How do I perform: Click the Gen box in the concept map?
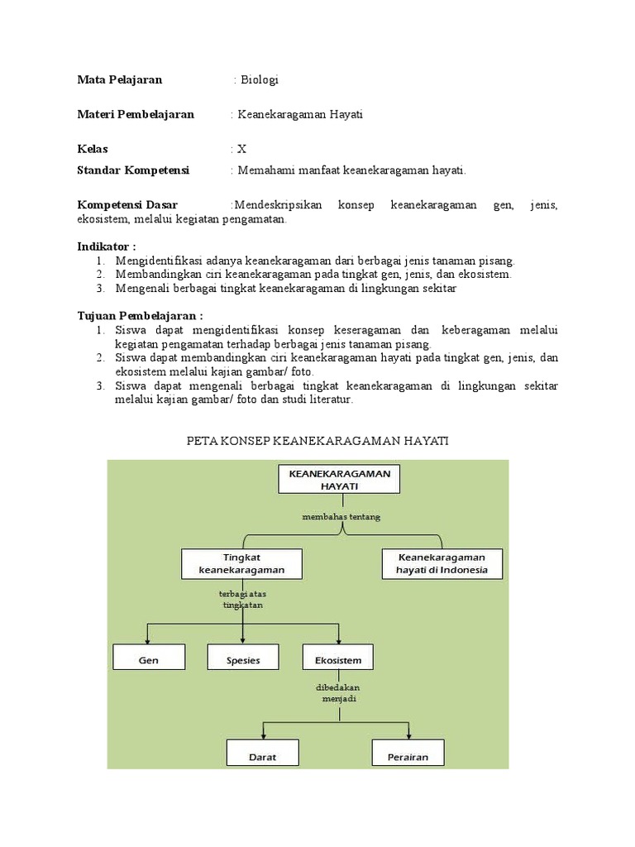[149, 660]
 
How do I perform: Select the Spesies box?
[243, 660]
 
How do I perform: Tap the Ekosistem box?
[337, 660]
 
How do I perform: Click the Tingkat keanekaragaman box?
[241, 564]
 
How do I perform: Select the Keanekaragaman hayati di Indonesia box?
[442, 563]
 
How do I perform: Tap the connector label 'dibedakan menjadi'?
[337, 693]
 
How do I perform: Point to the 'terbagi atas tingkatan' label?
[241, 599]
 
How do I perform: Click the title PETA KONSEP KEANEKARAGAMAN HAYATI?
[317, 442]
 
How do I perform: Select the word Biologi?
[258, 80]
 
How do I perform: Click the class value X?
[241, 150]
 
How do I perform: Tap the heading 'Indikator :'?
[107, 246]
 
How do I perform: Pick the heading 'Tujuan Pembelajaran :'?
[140, 316]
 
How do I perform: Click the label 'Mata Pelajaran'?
[120, 80]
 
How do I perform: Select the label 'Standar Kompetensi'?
[133, 170]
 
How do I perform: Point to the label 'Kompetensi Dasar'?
[127, 205]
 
